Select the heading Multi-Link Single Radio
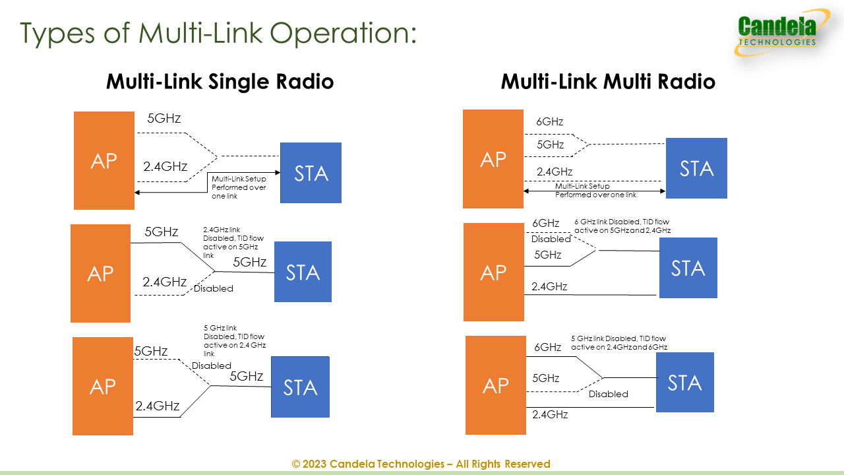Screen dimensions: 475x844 pos(220,82)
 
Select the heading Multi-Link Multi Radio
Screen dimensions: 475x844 pos(608,82)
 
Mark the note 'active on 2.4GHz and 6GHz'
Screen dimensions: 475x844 pos(619,347)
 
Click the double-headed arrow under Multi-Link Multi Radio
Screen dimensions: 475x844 pos(594,191)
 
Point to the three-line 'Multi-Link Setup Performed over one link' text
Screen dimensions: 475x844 pos(239,187)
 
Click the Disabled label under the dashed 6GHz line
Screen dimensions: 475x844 pos(551,239)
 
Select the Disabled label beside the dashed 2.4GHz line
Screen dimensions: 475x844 pos(214,288)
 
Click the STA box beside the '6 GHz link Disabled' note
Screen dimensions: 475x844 pos(688,268)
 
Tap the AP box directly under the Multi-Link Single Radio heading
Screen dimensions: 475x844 pos(104,160)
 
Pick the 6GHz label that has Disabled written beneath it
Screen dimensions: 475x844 pos(545,223)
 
